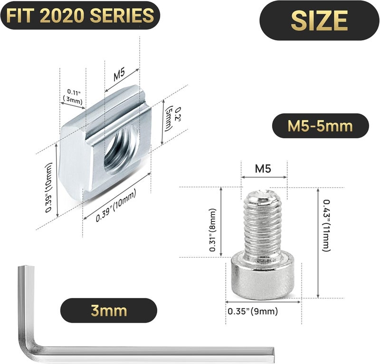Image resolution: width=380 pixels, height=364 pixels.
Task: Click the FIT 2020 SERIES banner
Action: (x=79, y=15)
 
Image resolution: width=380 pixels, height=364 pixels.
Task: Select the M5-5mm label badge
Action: (x=320, y=126)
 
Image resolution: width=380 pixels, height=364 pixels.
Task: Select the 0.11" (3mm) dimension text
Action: (x=73, y=96)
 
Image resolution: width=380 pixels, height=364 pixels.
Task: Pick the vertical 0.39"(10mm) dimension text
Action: (x=49, y=188)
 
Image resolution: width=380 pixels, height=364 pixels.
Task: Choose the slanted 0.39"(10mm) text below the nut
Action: (x=116, y=205)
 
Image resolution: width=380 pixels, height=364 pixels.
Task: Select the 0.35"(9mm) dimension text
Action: (x=252, y=311)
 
